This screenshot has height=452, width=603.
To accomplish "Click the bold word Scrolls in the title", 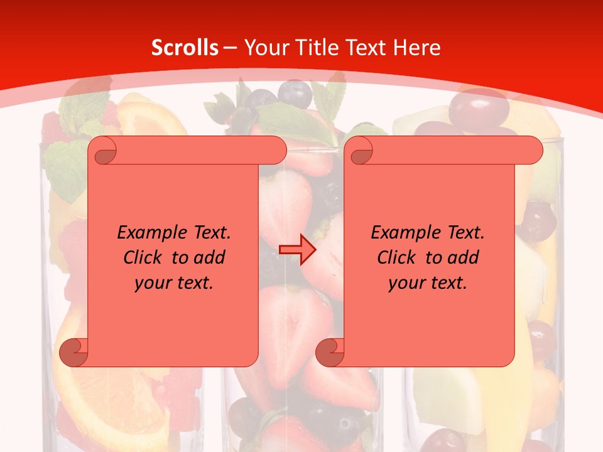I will [x=185, y=48].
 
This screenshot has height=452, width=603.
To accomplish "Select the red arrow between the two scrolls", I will [x=298, y=249].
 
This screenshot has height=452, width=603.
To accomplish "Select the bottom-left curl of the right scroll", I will [x=330, y=352].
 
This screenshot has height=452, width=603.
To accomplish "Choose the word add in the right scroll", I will [x=465, y=257].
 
